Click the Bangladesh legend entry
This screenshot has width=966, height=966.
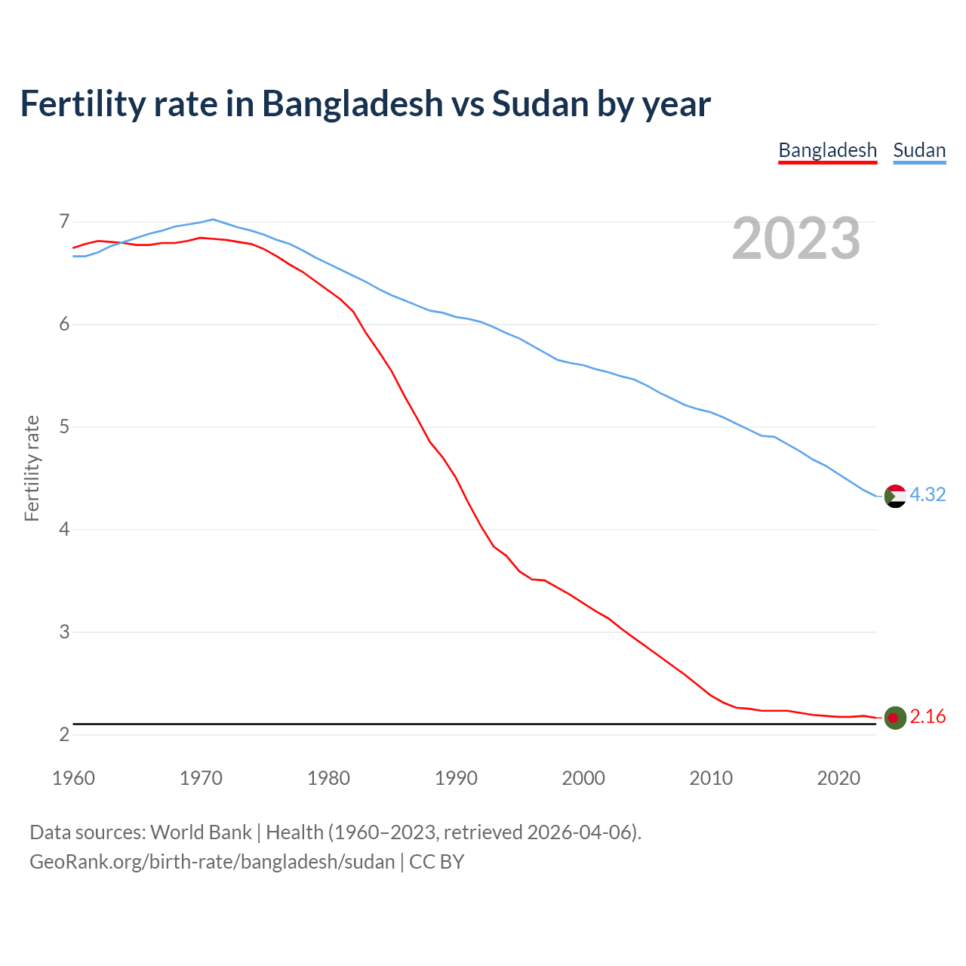[x=827, y=150]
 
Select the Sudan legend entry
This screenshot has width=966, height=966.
[x=918, y=150]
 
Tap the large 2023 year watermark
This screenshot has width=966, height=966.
[x=795, y=238]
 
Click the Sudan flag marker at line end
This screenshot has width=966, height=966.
[x=894, y=496]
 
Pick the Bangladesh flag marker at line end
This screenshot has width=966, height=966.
[x=894, y=718]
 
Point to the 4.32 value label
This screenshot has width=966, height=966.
[x=928, y=494]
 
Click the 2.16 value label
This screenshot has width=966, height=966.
[x=928, y=717]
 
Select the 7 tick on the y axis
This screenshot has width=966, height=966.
[x=64, y=222]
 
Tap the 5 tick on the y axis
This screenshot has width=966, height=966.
[x=64, y=427]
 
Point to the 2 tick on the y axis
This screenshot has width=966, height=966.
[x=64, y=734]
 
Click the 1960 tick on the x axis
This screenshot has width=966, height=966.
[x=73, y=778]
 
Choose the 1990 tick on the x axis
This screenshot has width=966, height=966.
[x=456, y=778]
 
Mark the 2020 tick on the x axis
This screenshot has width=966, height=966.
[x=838, y=778]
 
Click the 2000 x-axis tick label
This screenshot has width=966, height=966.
[x=583, y=778]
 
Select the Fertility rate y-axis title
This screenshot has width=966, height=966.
[x=32, y=468]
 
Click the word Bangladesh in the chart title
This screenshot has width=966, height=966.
[x=352, y=103]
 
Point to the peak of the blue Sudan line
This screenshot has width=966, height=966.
[x=213, y=220]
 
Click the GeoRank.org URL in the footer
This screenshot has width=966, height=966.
[x=212, y=862]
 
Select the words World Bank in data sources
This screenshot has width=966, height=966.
[x=201, y=832]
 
